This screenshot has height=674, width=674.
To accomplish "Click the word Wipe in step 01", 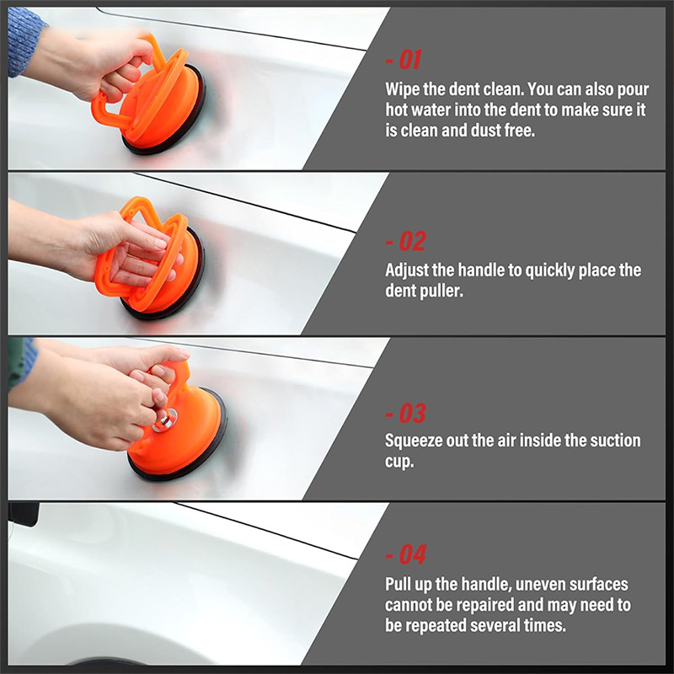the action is [x=402, y=90].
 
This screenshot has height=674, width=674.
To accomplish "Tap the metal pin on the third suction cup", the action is [x=164, y=420].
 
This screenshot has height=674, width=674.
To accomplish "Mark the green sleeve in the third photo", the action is [x=18, y=363].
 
